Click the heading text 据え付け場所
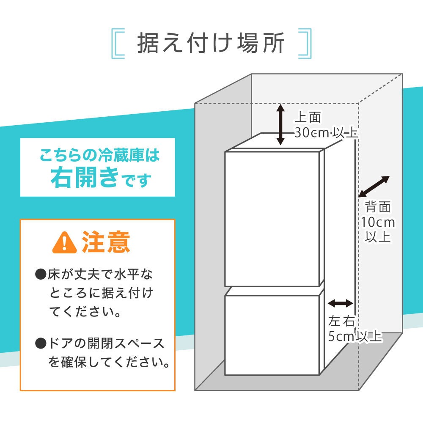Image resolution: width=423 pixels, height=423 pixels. [210, 43]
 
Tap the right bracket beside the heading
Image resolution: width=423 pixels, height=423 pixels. [305, 43]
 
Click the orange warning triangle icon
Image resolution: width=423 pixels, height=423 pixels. [64, 242]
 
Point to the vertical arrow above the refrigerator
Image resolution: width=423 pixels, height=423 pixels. [280, 125]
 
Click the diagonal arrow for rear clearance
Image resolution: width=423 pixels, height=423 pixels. [374, 187]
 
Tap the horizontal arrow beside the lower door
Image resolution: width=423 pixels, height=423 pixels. [341, 303]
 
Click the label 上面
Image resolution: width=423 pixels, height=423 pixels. [308, 117]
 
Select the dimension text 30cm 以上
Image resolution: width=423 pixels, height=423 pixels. [326, 133]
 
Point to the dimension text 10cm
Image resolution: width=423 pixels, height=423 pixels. [378, 222]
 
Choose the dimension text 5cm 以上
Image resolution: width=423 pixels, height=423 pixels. [355, 337]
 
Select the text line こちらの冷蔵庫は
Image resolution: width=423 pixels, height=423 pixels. [100, 156]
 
